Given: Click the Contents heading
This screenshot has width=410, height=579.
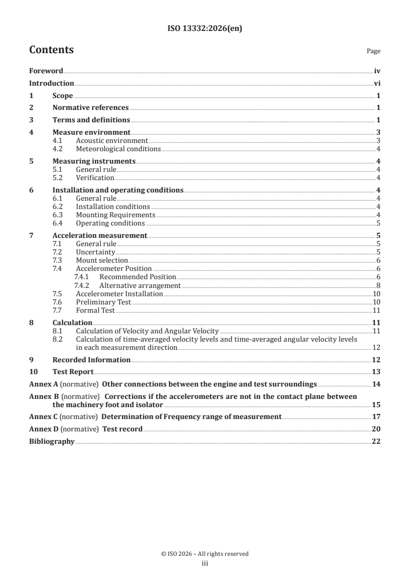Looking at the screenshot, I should tap(51, 50).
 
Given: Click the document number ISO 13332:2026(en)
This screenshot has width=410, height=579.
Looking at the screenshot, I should tap(205, 29).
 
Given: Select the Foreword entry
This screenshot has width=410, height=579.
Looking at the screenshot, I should tap(46, 71).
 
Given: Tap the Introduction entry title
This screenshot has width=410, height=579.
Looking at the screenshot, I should tap(51, 83).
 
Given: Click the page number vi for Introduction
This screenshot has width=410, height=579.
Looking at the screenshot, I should tap(377, 83).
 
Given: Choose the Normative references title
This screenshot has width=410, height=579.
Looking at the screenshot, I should tap(90, 108).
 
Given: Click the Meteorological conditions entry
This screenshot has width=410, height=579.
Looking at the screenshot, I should tap(118, 149).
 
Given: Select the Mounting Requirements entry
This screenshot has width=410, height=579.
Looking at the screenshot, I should tap(115, 215).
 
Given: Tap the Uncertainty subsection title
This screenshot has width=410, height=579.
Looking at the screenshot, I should tap(95, 252).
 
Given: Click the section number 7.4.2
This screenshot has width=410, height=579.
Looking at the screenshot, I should tap(82, 285).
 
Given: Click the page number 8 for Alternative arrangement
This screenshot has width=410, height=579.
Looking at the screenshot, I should tap(378, 285).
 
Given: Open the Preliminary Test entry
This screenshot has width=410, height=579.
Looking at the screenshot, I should tap(103, 302).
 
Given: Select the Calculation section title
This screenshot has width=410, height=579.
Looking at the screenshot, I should tap(72, 323).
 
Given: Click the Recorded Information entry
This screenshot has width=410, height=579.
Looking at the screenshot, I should tap(92, 360).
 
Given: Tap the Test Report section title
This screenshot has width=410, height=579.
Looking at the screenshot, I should tap(73, 372).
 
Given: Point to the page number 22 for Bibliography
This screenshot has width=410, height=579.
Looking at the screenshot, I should tap(376, 441).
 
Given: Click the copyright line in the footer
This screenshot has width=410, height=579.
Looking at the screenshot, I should tap(205, 554).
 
